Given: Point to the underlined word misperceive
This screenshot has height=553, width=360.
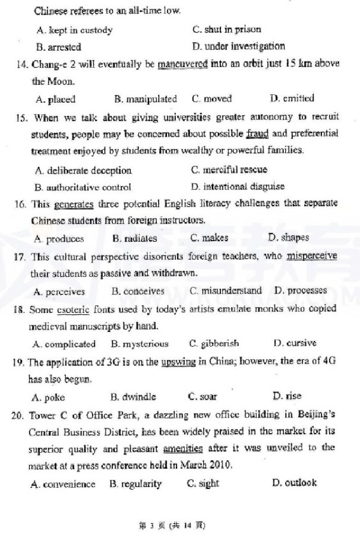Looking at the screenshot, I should (311, 257).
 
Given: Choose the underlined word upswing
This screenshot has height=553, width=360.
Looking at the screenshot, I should (178, 362).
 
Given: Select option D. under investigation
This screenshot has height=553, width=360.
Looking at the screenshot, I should (239, 46).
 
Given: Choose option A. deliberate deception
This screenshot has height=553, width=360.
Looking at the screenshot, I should (83, 170).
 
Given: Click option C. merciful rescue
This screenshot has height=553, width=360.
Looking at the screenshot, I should (229, 170).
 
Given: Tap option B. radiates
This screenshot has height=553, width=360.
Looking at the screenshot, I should (134, 239).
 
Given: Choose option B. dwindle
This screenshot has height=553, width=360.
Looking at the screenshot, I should (133, 396).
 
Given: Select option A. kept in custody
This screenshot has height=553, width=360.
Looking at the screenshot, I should (74, 30).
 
